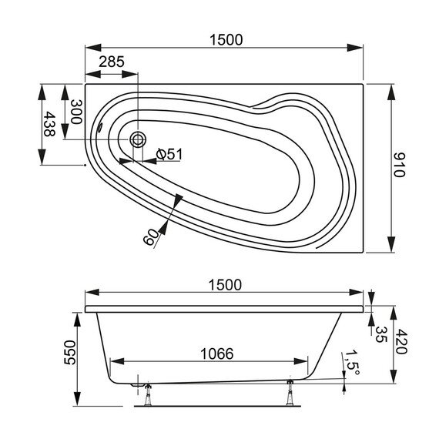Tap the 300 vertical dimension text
(75, 114)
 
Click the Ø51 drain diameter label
(168, 154)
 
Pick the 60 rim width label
(151, 234)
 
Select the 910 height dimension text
(399, 164)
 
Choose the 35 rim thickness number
(380, 333)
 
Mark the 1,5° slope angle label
(352, 360)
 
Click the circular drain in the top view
(138, 139)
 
